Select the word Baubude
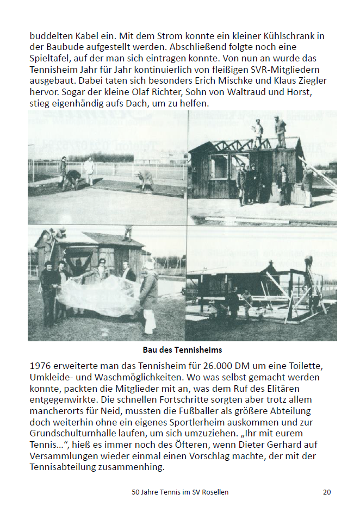tap(63, 47)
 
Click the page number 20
tap(326, 492)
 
